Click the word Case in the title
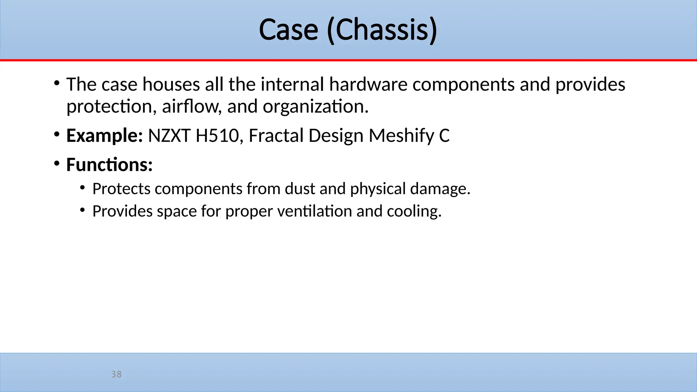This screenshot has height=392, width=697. pos(288,30)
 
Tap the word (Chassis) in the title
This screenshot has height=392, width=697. pos(382,30)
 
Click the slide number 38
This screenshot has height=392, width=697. pos(116,374)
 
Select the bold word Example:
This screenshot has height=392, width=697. pos(104,136)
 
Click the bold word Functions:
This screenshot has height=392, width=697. pos(109,165)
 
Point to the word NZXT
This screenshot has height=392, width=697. pos(169,136)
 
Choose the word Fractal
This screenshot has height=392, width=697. pos(276,136)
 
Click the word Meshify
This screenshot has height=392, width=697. pos(401,136)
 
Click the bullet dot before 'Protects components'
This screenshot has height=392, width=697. pos(83,187)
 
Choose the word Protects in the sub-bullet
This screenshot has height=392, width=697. pos(121,189)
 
